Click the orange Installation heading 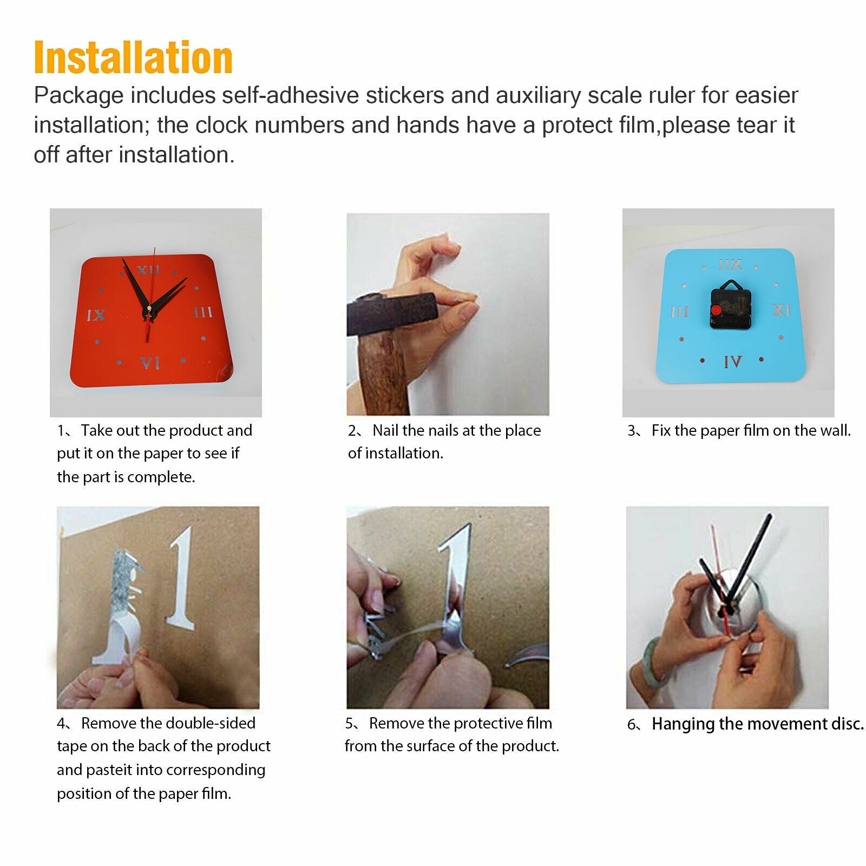pyautogui.click(x=133, y=57)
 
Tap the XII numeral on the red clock pyautogui.click(x=148, y=270)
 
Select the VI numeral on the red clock pyautogui.click(x=150, y=363)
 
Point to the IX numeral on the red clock pyautogui.click(x=96, y=314)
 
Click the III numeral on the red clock pyautogui.click(x=204, y=312)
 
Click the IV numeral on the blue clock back pyautogui.click(x=733, y=361)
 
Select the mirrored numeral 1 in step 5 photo pyautogui.click(x=454, y=587)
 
